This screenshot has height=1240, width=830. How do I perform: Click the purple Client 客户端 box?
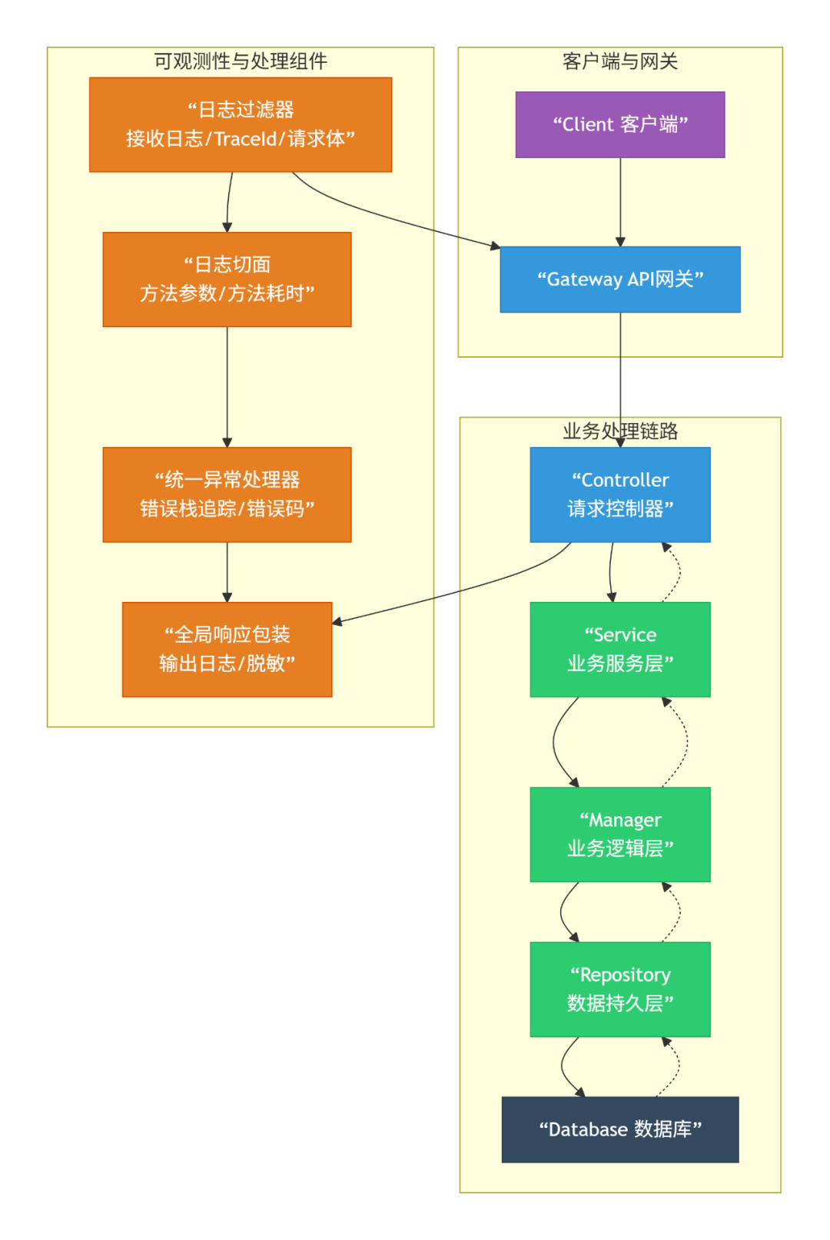(619, 124)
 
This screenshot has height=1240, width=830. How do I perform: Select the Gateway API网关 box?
(619, 279)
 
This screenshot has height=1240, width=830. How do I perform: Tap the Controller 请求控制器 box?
(619, 494)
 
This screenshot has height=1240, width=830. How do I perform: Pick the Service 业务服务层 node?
(619, 649)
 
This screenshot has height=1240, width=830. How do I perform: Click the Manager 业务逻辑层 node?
(619, 834)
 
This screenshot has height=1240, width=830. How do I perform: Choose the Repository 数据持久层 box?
(619, 988)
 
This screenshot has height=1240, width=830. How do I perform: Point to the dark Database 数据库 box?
(619, 1129)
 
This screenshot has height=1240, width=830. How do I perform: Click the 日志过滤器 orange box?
(240, 124)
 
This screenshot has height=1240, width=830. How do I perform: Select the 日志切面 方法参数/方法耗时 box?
(227, 279)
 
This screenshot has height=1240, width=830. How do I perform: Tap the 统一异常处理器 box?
(227, 494)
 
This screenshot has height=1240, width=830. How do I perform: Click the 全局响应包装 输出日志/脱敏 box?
(227, 649)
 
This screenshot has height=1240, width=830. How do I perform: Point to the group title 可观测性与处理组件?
(240, 61)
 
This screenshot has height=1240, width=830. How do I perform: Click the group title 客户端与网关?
(619, 61)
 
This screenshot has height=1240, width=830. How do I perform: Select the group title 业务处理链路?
(619, 431)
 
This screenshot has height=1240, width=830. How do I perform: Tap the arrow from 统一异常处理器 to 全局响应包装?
(227, 571)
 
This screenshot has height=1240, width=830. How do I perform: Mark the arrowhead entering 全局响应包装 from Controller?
(337, 621)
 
